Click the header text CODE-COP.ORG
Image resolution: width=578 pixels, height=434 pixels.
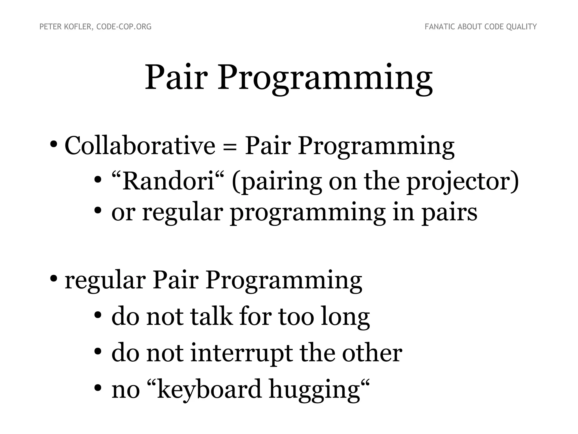[x=124, y=27]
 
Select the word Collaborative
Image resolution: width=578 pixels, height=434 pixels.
[x=140, y=146]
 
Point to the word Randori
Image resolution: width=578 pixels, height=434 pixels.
[x=168, y=181]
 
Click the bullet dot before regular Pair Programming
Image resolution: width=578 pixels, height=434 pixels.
[x=53, y=279]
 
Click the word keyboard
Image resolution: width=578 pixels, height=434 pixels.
[x=209, y=389]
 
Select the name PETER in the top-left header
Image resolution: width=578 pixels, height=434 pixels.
[x=48, y=27]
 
